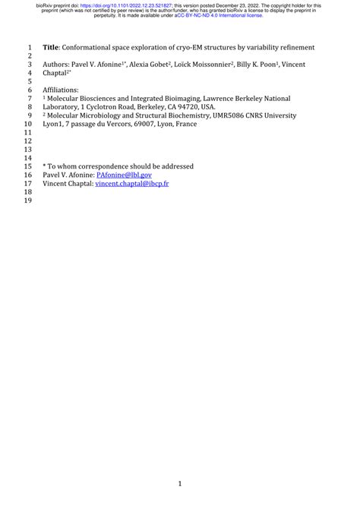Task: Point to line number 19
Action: pyautogui.click(x=29, y=202)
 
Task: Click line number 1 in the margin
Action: pyautogui.click(x=29, y=47)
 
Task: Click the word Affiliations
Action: pyautogui.click(x=61, y=90)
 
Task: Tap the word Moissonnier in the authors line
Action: pyautogui.click(x=208, y=65)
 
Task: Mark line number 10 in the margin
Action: pyautogui.click(x=29, y=124)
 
